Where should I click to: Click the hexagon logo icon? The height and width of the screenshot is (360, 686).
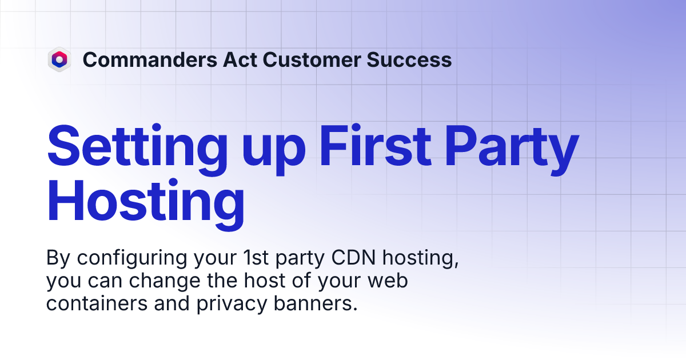[x=59, y=59]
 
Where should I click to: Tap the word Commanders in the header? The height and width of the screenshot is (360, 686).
[x=149, y=59]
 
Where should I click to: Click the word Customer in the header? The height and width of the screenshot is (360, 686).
[x=313, y=59]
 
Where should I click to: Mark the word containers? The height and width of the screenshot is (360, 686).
[x=96, y=303]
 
